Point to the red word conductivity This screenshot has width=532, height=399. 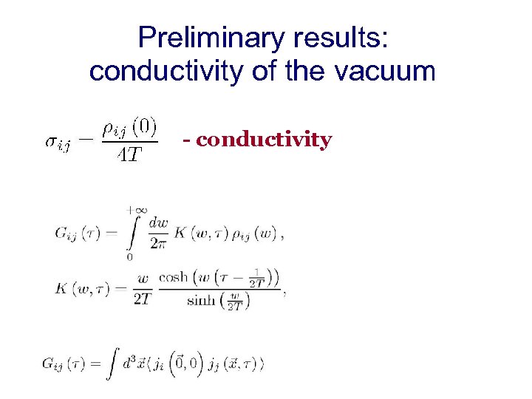coord(264,140)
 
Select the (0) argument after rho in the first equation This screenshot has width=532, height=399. coord(145,128)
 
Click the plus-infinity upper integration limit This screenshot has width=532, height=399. coord(130,211)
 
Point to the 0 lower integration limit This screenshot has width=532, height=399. coord(130,256)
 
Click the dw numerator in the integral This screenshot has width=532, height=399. coord(158,222)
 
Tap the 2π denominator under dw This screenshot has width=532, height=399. coord(158,242)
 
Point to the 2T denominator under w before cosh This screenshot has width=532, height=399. coord(143,298)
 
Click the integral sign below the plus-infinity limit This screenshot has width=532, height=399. coord(131,233)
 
